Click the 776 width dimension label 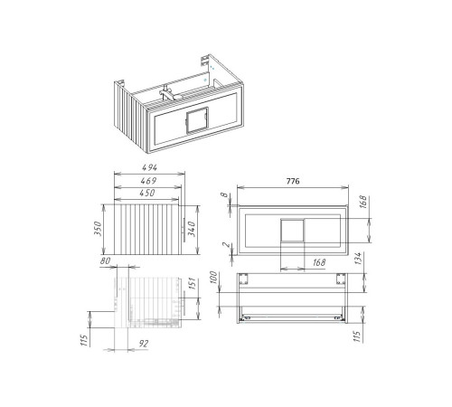[293, 181]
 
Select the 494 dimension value [150, 167]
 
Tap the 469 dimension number [148, 181]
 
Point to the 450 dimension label [147, 193]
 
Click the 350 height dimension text [98, 229]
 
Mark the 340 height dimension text [192, 229]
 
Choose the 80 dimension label [105, 260]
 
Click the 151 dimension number [192, 283]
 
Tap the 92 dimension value [144, 344]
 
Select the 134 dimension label [358, 259]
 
